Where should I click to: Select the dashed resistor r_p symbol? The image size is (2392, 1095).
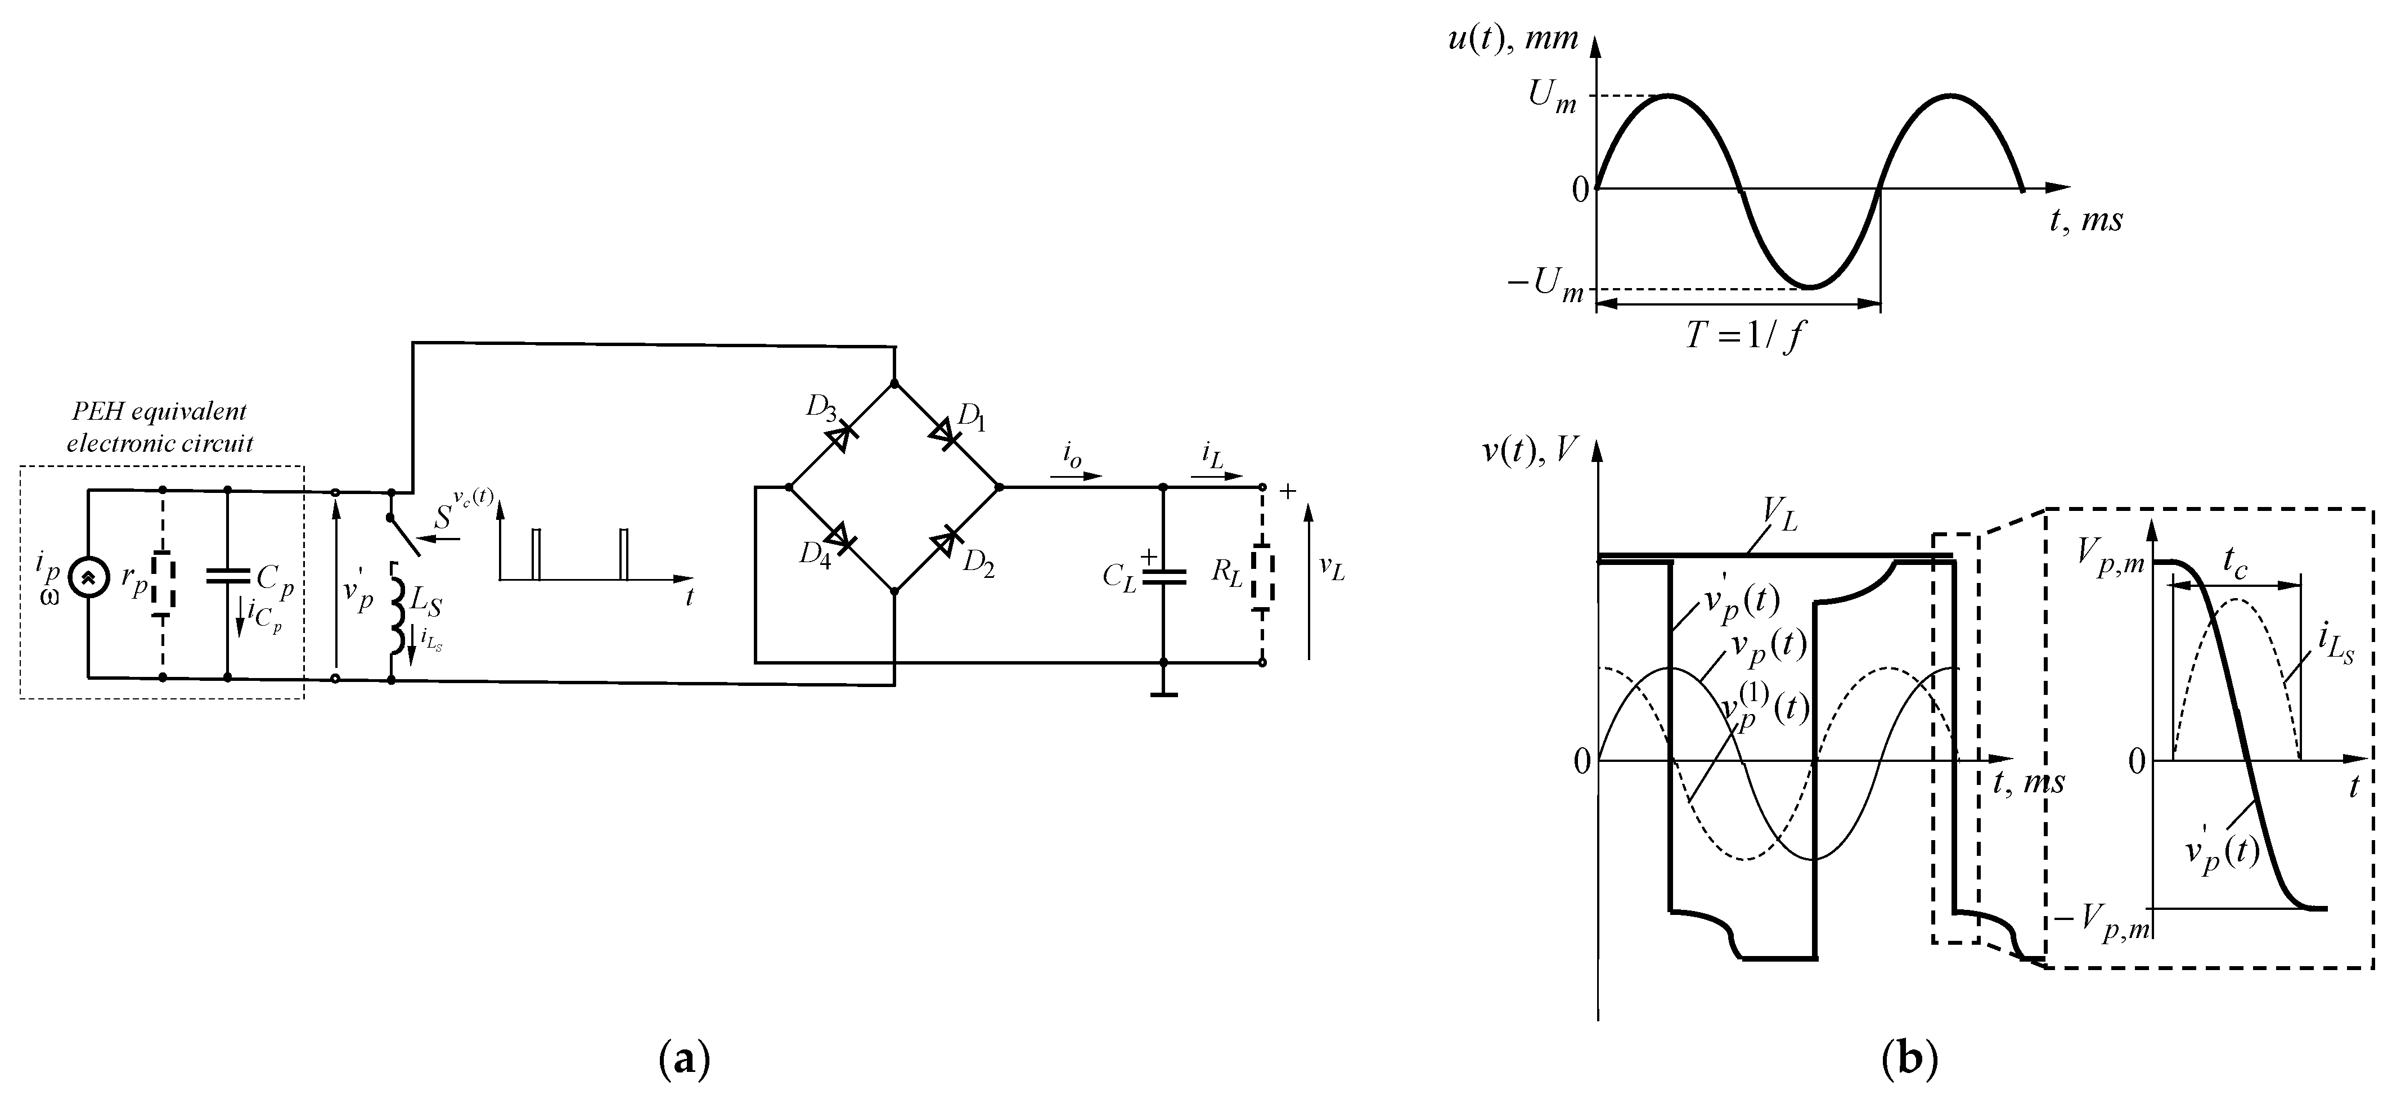(x=164, y=582)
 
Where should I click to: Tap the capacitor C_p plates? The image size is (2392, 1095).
(x=227, y=576)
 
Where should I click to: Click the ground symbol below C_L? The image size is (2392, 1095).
(x=1163, y=692)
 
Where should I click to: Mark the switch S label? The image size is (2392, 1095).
(x=444, y=517)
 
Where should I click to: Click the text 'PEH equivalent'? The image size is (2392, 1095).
(x=160, y=411)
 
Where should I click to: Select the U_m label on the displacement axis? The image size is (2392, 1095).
(x=1552, y=97)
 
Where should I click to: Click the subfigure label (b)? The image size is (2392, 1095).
(x=1909, y=1060)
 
